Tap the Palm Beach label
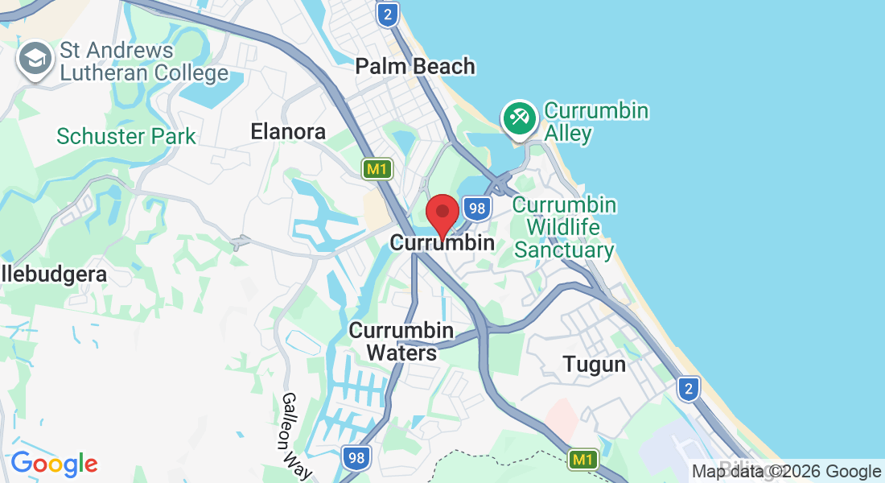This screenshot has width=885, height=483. (x=415, y=66)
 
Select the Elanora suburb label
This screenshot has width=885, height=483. (x=288, y=131)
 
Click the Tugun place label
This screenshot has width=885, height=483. (x=594, y=364)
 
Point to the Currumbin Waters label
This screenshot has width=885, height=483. (x=401, y=341)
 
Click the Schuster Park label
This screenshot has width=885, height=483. (x=126, y=136)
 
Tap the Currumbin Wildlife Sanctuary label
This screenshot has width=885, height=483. (x=564, y=227)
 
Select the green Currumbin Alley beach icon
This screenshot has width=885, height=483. (x=519, y=118)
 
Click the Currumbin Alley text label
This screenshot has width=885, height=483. (x=596, y=122)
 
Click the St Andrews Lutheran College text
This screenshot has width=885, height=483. (x=144, y=62)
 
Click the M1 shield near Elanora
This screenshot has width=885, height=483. (x=376, y=169)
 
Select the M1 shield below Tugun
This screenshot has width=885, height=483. (x=583, y=460)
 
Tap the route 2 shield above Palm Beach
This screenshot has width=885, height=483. (x=388, y=14)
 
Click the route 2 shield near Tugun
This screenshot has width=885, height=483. (x=687, y=389)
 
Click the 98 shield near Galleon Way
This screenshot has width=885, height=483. (x=355, y=459)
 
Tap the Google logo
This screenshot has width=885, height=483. (x=54, y=464)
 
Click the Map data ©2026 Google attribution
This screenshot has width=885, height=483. (x=787, y=472)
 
